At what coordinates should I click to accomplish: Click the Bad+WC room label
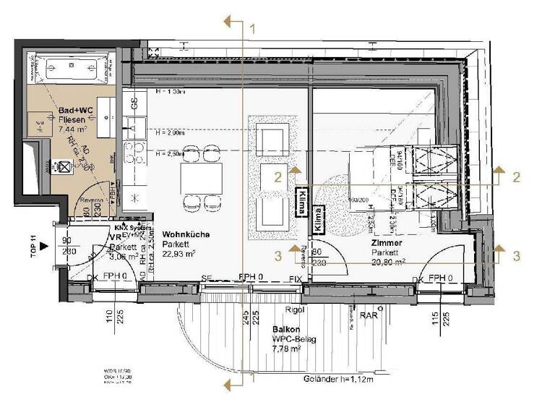[x=72, y=111]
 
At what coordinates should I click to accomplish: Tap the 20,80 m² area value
[x=390, y=263]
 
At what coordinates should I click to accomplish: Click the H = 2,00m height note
[x=171, y=133]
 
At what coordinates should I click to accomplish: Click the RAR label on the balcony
[x=369, y=315]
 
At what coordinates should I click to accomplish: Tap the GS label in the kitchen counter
[x=133, y=104]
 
